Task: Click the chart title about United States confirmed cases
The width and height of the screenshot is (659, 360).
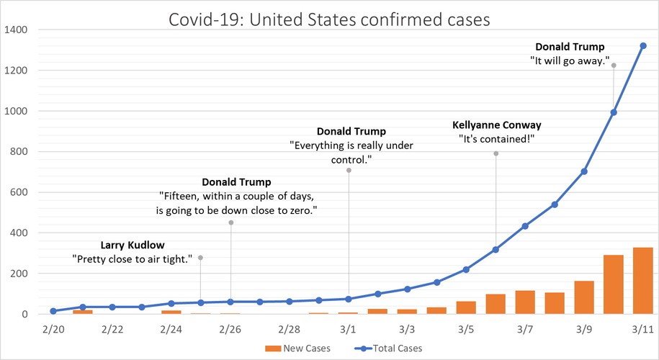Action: [x=329, y=19]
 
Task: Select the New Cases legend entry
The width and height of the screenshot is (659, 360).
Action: [x=297, y=348]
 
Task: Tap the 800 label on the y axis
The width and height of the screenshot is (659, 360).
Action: [x=19, y=152]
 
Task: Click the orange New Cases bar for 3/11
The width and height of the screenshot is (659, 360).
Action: [x=643, y=281]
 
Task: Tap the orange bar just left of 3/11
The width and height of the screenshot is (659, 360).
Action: [x=614, y=284]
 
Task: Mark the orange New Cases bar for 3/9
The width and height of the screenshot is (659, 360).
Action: [x=584, y=297]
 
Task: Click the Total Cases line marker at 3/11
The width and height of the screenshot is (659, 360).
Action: [x=643, y=45]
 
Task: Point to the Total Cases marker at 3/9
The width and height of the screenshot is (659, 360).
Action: [x=584, y=171]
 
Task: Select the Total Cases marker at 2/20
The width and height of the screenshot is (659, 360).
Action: [x=53, y=311]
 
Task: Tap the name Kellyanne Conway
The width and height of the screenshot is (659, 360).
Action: [x=496, y=124]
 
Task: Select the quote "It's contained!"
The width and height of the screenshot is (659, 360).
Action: [x=496, y=138]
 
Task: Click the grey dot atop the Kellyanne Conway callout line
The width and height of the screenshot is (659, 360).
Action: [x=496, y=153]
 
